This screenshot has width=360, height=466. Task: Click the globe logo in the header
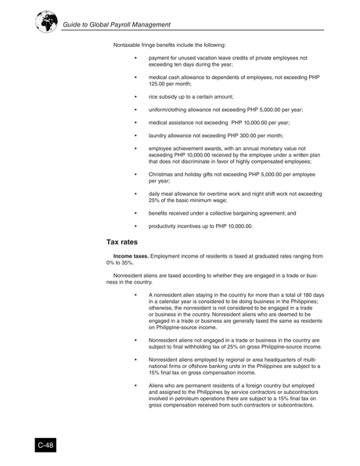46,21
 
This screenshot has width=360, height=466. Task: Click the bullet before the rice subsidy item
135,96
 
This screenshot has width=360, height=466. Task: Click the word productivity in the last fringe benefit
164,226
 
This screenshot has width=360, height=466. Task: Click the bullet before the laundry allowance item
135,135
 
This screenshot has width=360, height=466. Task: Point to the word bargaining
253,212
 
